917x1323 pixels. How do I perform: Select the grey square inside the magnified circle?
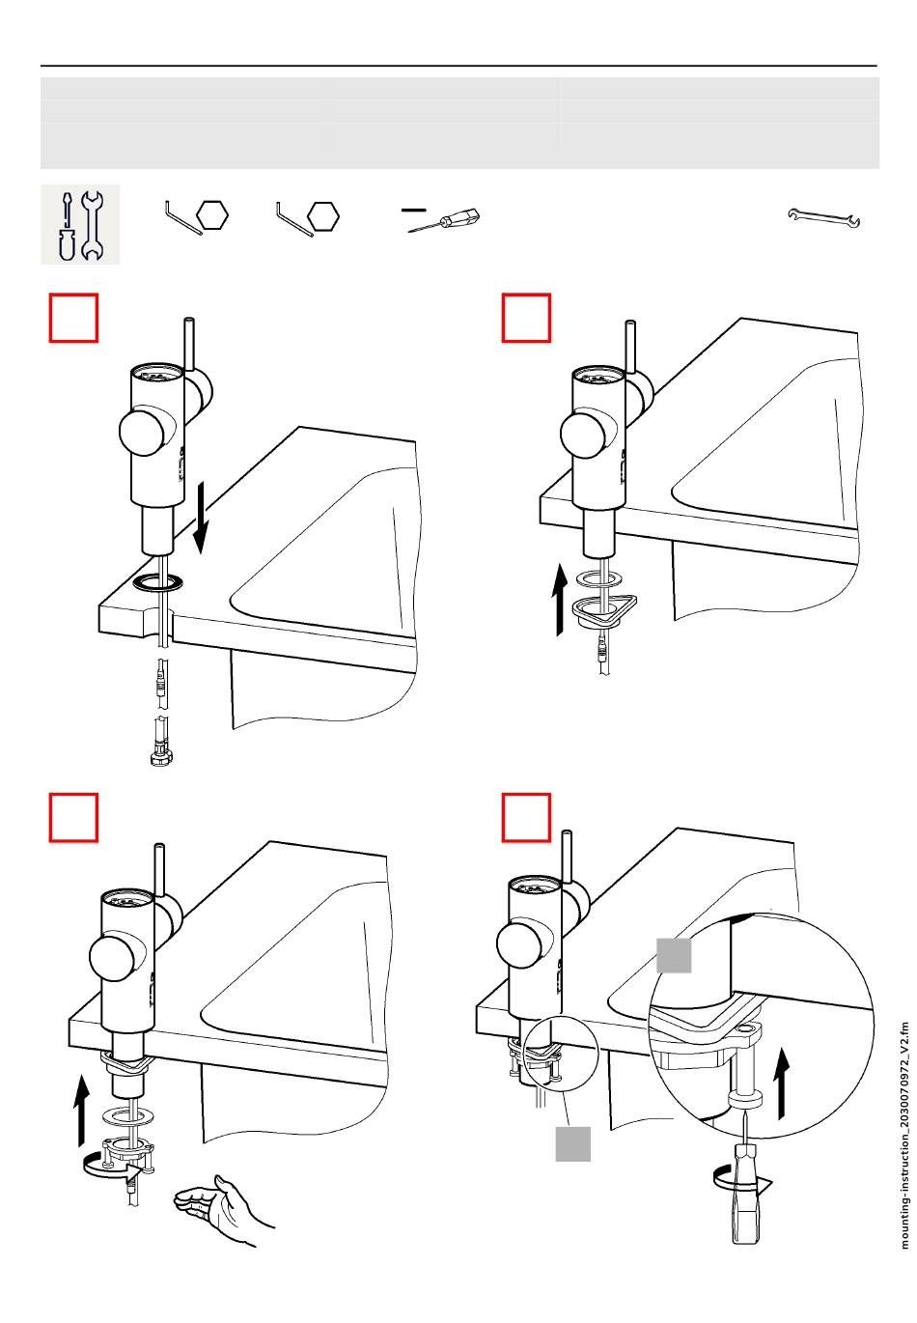point(674,955)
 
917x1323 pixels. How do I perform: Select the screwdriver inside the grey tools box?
point(66,225)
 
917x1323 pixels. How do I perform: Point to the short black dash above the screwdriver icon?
point(413,208)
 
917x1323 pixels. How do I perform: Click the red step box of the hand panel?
point(73,817)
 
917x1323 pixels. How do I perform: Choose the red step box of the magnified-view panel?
point(526,817)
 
